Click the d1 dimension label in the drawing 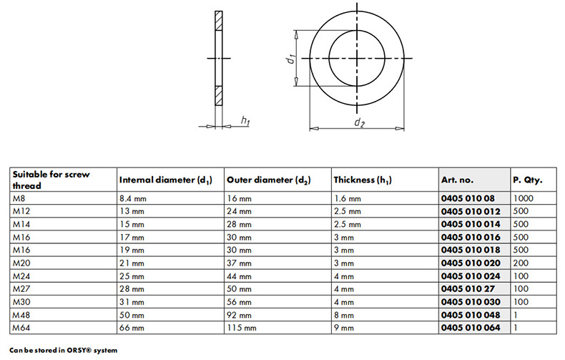tap(292, 59)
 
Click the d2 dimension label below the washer tap(359, 122)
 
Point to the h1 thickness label tap(245, 120)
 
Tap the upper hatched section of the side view tap(219, 21)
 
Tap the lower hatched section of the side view tap(219, 96)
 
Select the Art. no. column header tap(457, 180)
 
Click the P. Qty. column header tap(528, 180)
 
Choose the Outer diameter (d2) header tap(268, 180)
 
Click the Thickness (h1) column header tap(363, 180)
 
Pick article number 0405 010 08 tap(468, 198)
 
